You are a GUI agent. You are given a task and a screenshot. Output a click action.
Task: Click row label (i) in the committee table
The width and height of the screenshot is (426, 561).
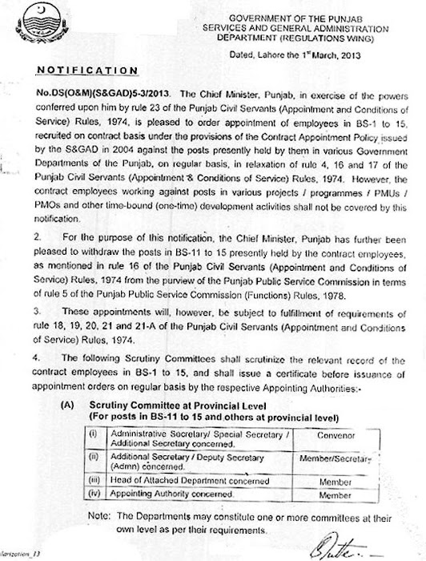pos(94,432)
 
